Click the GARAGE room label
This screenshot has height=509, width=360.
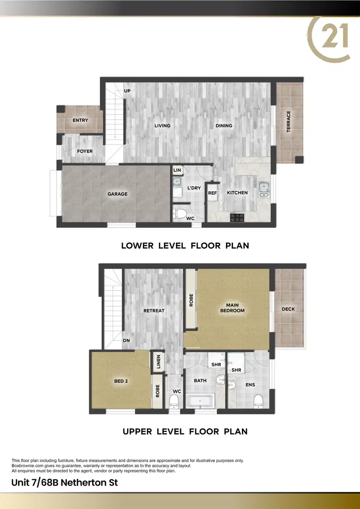(x=117, y=194)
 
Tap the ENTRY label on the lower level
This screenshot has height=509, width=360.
(x=80, y=120)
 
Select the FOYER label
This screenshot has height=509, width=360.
(x=84, y=151)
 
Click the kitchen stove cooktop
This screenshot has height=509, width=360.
(x=238, y=217)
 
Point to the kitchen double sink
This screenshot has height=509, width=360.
(x=263, y=190)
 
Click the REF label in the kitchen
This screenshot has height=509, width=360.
(x=212, y=193)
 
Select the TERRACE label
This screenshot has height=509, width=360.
(x=288, y=122)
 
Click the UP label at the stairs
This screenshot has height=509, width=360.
(x=127, y=91)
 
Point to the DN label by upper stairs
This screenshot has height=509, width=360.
(x=126, y=341)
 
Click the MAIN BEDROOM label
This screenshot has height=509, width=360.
(x=232, y=308)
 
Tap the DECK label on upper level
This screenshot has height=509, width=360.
(x=288, y=309)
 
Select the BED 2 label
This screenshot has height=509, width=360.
(x=120, y=382)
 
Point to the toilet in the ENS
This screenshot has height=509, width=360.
(x=257, y=400)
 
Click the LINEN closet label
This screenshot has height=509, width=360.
(x=157, y=362)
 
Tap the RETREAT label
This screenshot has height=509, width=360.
(x=154, y=310)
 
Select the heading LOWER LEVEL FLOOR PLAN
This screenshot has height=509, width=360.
(x=185, y=246)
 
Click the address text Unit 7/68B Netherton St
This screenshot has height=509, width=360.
(x=64, y=482)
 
